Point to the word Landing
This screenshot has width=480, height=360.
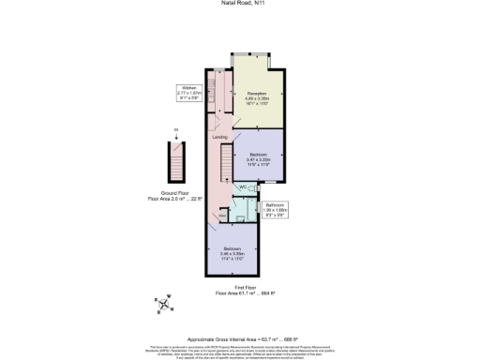tap(219, 137)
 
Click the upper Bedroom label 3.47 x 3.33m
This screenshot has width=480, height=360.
tap(258, 158)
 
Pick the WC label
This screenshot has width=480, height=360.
tap(243, 187)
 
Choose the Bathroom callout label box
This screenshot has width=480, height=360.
tap(275, 209)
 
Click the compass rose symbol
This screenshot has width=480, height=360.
tap(163, 303)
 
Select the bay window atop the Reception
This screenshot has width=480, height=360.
tap(252, 54)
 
